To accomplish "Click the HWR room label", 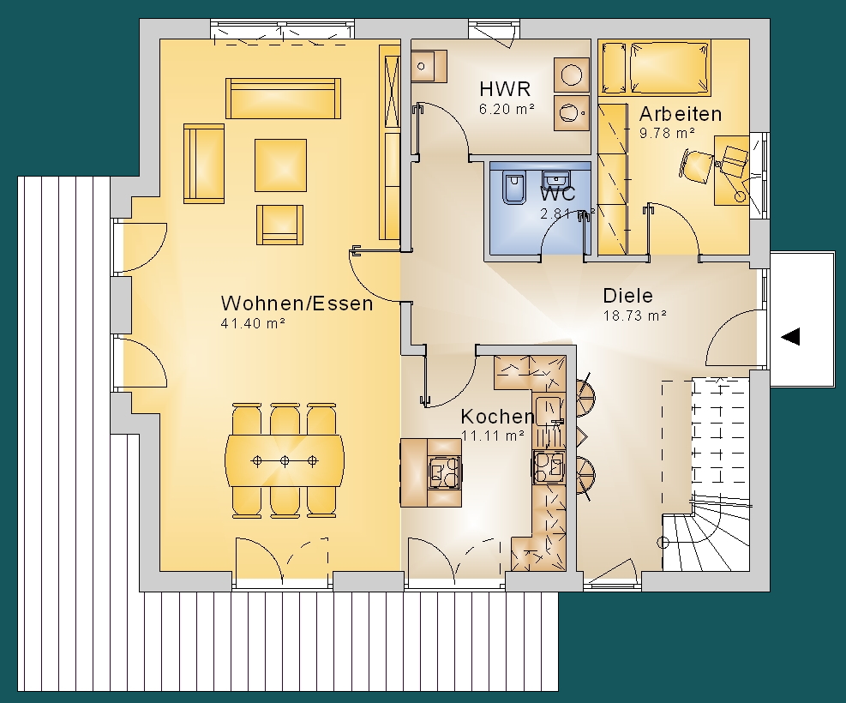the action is coord(505,88).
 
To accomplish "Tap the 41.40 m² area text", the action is coord(253,323).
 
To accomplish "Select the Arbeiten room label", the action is coord(681,114).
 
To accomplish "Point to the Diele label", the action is coord(628,296).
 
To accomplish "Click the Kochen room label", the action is coord(497,417).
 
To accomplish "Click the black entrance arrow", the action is coord(790,337).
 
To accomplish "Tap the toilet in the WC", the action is coord(513,187).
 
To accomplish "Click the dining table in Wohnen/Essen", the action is coord(285,460).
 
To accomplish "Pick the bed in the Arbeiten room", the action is coord(654,68).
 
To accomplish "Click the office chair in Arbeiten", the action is coord(695,165).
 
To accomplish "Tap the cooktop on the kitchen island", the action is coord(445,472).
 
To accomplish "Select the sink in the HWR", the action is coord(429,66).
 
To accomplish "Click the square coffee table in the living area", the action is coord(280,165).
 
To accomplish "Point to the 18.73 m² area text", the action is coord(634,315).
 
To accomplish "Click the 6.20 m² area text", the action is coord(507,108).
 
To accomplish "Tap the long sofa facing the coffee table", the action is coord(283,99).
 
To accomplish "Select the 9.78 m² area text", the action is coord(667,133).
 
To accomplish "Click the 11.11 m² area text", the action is coord(493,436).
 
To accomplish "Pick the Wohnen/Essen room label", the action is coord(297,303).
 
